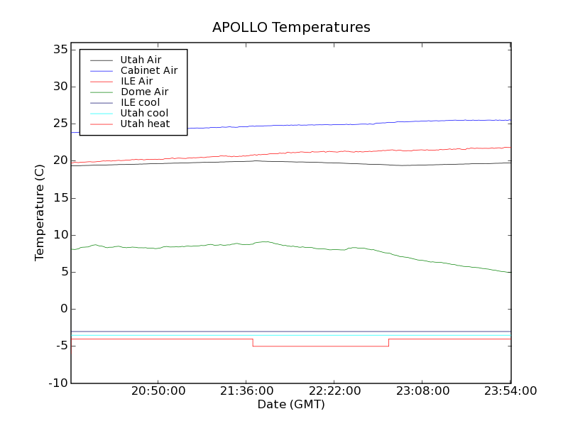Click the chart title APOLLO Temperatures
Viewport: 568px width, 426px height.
pyautogui.click(x=291, y=28)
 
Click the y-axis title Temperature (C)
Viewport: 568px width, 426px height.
pyautogui.click(x=40, y=213)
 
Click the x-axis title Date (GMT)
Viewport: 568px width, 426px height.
pyautogui.click(x=291, y=405)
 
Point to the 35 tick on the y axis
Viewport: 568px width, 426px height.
pyautogui.click(x=59, y=50)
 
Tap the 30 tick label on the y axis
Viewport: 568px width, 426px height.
pyautogui.click(x=59, y=87)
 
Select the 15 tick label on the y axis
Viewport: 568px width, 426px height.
pyautogui.click(x=59, y=198)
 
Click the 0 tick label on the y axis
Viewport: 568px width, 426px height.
pyautogui.click(x=63, y=309)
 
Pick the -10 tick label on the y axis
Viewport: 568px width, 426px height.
pyautogui.click(x=57, y=383)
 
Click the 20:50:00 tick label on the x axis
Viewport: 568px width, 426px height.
pyautogui.click(x=158, y=391)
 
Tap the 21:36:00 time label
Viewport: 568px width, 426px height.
pyautogui.click(x=246, y=391)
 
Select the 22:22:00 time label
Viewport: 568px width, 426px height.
pyautogui.click(x=334, y=391)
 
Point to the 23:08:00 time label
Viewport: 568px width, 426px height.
pyautogui.click(x=422, y=391)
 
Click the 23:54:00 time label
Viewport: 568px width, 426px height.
pyautogui.click(x=510, y=391)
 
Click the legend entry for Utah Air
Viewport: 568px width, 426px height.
pyautogui.click(x=141, y=60)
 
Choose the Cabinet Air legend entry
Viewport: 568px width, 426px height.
pyautogui.click(x=148, y=70)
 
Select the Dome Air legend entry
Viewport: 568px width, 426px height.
pyautogui.click(x=144, y=92)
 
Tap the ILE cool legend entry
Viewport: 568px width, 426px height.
pyautogui.click(x=140, y=102)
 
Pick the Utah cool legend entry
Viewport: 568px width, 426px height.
pyautogui.click(x=144, y=113)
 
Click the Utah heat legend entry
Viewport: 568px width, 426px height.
pyautogui.click(x=145, y=124)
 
